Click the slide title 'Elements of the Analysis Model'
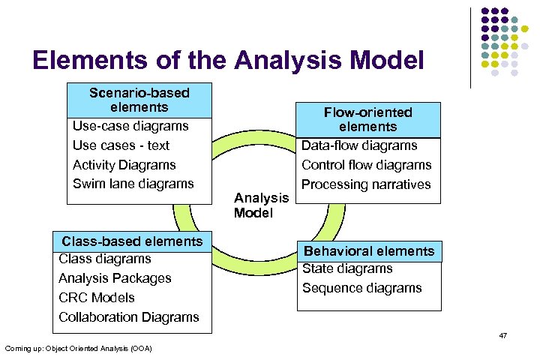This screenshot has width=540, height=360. (x=228, y=60)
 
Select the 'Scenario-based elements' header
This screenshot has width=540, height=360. (x=139, y=100)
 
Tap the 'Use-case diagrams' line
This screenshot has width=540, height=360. (x=130, y=126)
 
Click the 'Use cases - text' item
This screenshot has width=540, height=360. (x=121, y=145)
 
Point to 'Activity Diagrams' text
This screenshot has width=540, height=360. (x=124, y=165)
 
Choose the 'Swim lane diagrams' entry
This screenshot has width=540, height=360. (x=133, y=184)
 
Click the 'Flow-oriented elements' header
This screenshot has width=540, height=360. (x=367, y=119)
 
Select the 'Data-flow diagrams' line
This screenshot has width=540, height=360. (x=359, y=145)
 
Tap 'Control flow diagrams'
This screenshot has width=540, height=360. (x=366, y=165)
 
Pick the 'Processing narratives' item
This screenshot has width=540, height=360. (x=366, y=184)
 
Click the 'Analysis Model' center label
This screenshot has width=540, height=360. (x=261, y=205)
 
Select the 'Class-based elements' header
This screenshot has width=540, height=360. (x=132, y=241)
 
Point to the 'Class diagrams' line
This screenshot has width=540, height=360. (x=104, y=259)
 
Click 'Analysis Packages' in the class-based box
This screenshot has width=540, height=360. (x=115, y=278)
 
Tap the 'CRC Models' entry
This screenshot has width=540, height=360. (x=96, y=298)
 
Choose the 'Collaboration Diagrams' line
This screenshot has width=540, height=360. (x=128, y=317)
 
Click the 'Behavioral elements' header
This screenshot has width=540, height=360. (x=368, y=251)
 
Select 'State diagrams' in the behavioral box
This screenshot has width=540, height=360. (x=347, y=268)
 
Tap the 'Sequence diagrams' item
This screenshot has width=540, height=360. (x=361, y=288)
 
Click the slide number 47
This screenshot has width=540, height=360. (x=502, y=335)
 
